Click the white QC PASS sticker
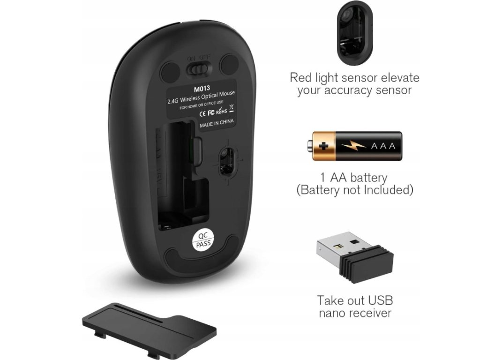203,240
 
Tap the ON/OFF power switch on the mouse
198,69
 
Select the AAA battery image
358,147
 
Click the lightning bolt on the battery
354,147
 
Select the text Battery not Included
354,190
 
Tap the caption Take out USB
355,300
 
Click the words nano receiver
355,313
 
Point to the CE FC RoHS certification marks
214,112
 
